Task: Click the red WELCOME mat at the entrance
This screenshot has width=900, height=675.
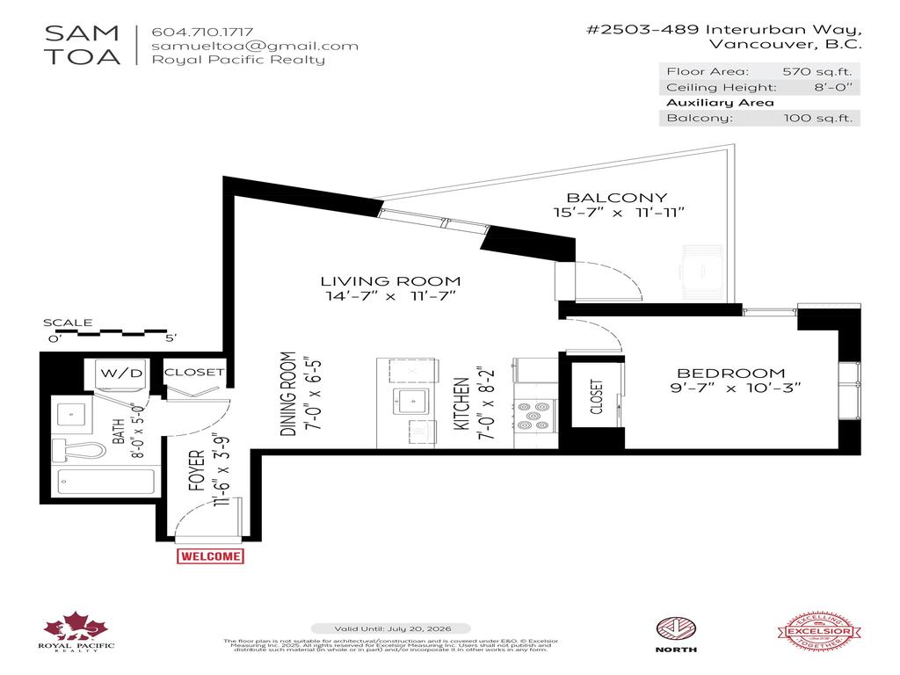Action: (210, 556)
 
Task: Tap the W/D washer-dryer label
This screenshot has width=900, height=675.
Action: (121, 373)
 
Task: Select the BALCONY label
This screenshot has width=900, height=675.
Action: (616, 198)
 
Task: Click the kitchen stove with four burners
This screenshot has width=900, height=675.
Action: (533, 415)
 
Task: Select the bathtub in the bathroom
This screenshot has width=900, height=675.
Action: (106, 482)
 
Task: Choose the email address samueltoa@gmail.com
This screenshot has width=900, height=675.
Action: (255, 46)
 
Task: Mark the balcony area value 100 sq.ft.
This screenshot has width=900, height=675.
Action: (818, 118)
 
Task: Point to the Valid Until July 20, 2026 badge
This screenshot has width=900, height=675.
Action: (403, 628)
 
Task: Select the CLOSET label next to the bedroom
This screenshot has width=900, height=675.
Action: (597, 397)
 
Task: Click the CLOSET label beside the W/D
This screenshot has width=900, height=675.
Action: (194, 372)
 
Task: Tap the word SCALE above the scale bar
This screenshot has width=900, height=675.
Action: (68, 323)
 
